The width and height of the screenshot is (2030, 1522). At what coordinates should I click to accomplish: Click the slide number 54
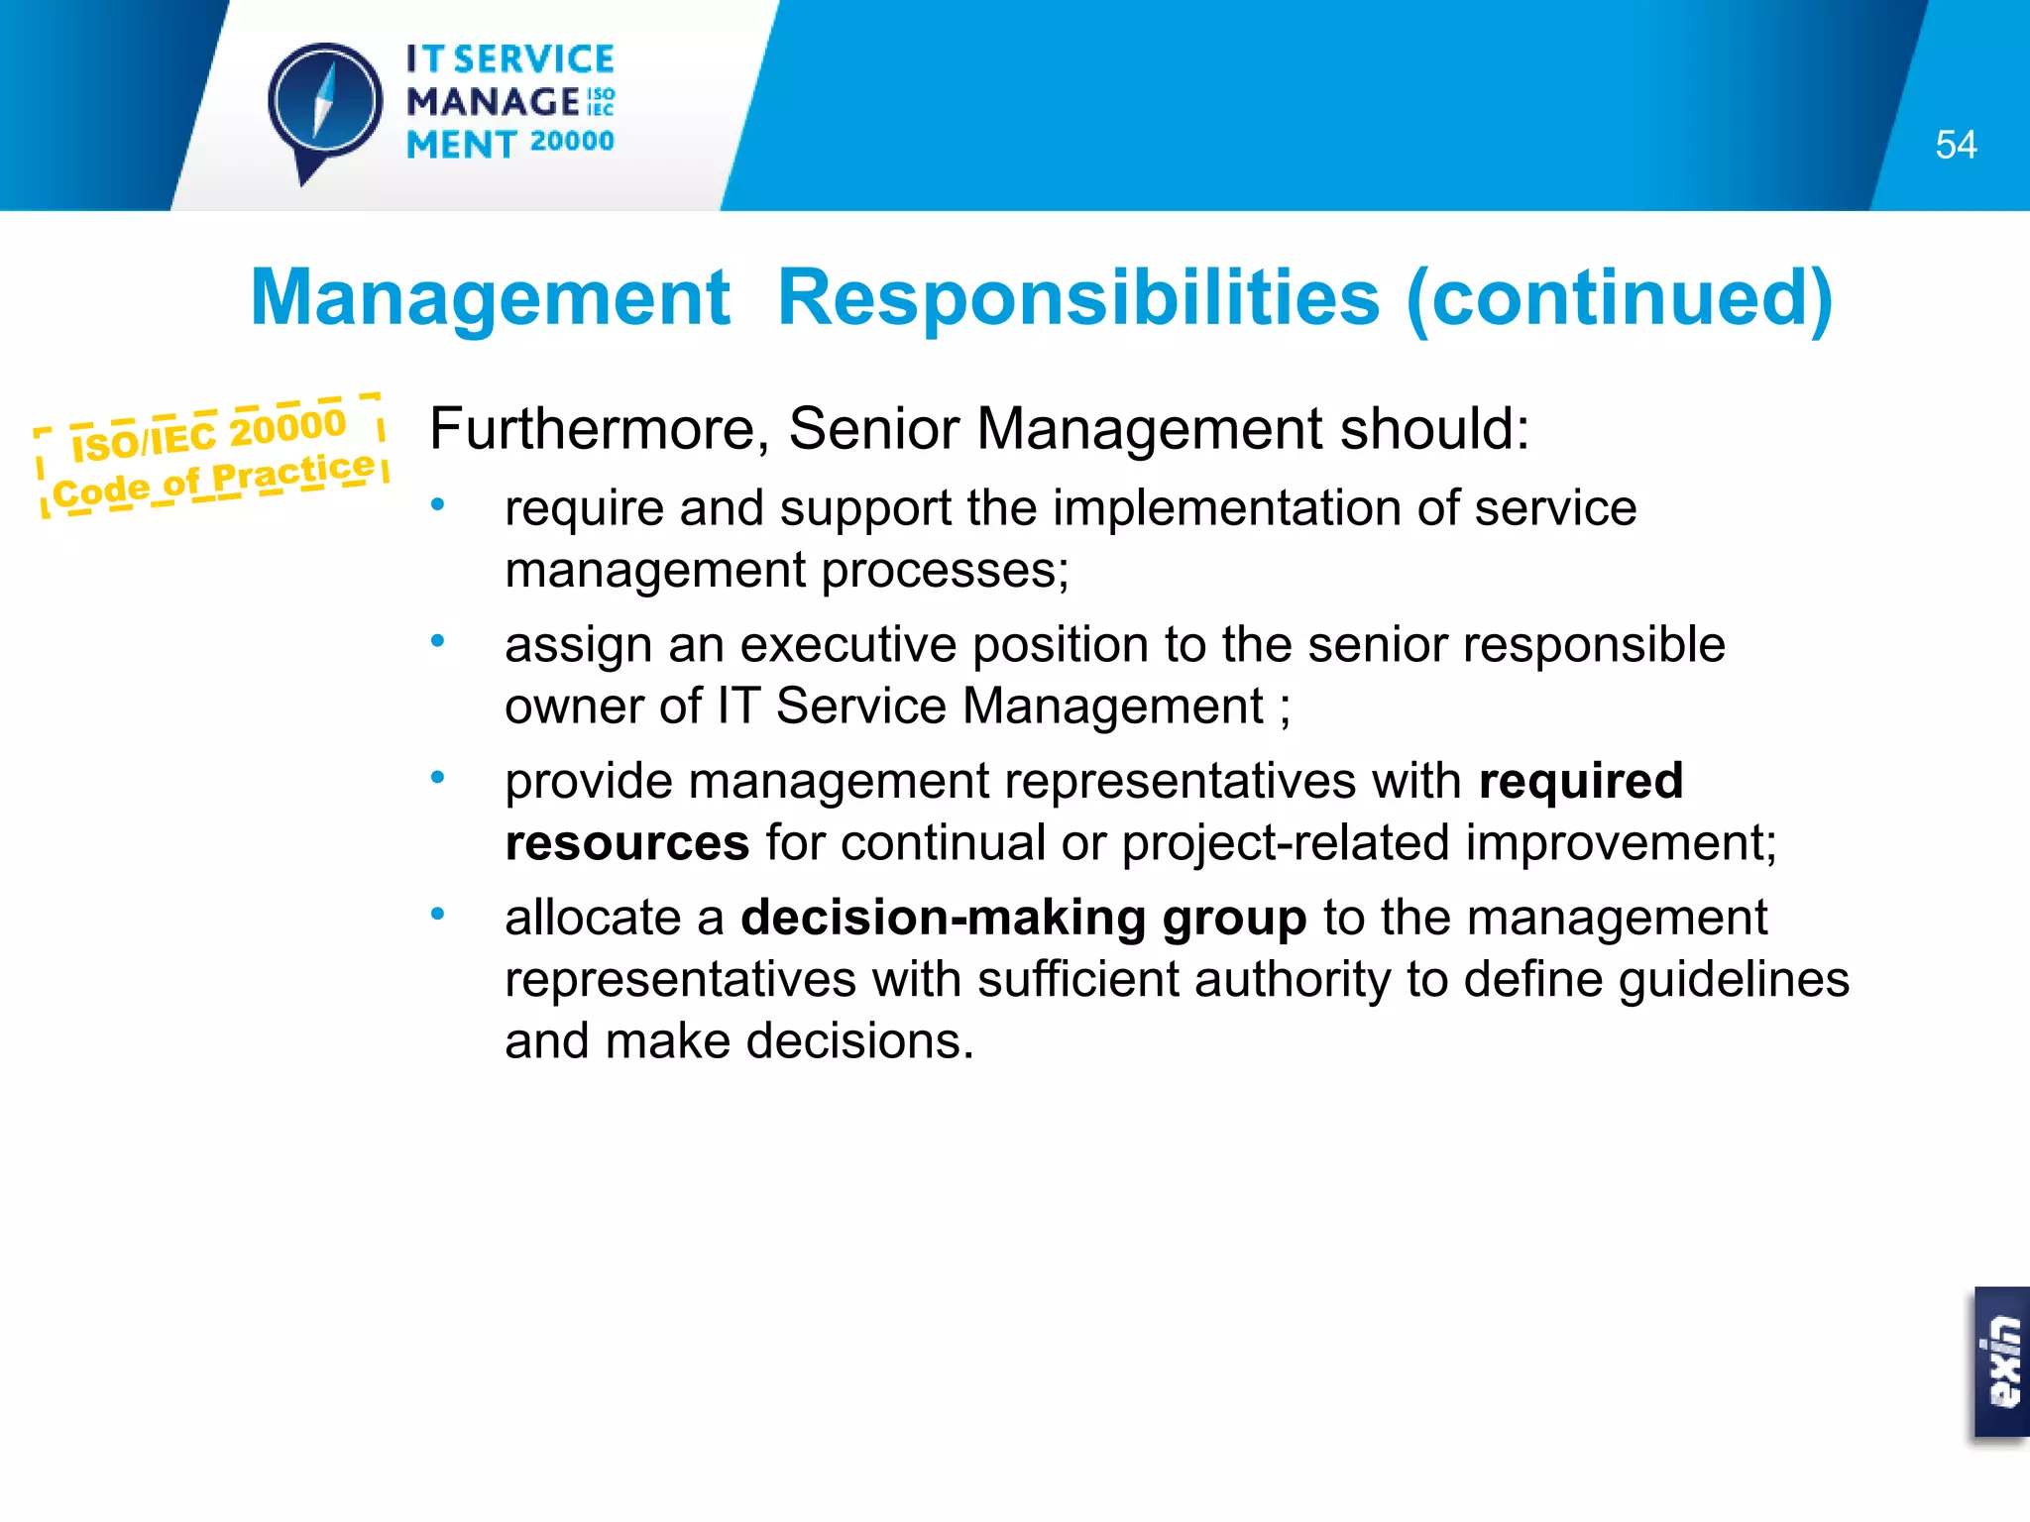coord(1956,145)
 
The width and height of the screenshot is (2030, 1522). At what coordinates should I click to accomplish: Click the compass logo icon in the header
coord(325,105)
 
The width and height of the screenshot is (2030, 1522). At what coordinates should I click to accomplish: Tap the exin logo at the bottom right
coord(2002,1362)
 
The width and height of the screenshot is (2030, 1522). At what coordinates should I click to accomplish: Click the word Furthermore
coord(594,429)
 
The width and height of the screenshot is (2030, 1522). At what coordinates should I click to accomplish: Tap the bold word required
coord(1580,781)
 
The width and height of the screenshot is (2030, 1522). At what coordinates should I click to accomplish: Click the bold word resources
coord(626,843)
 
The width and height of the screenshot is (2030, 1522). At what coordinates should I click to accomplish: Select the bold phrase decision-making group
coord(1024,918)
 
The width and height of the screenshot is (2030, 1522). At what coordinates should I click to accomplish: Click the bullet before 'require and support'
coord(437,506)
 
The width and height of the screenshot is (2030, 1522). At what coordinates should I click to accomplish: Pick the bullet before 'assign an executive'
coord(437,642)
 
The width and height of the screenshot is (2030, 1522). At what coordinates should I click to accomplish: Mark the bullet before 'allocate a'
coord(437,915)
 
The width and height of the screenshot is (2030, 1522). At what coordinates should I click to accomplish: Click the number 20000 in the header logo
coord(572,142)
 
